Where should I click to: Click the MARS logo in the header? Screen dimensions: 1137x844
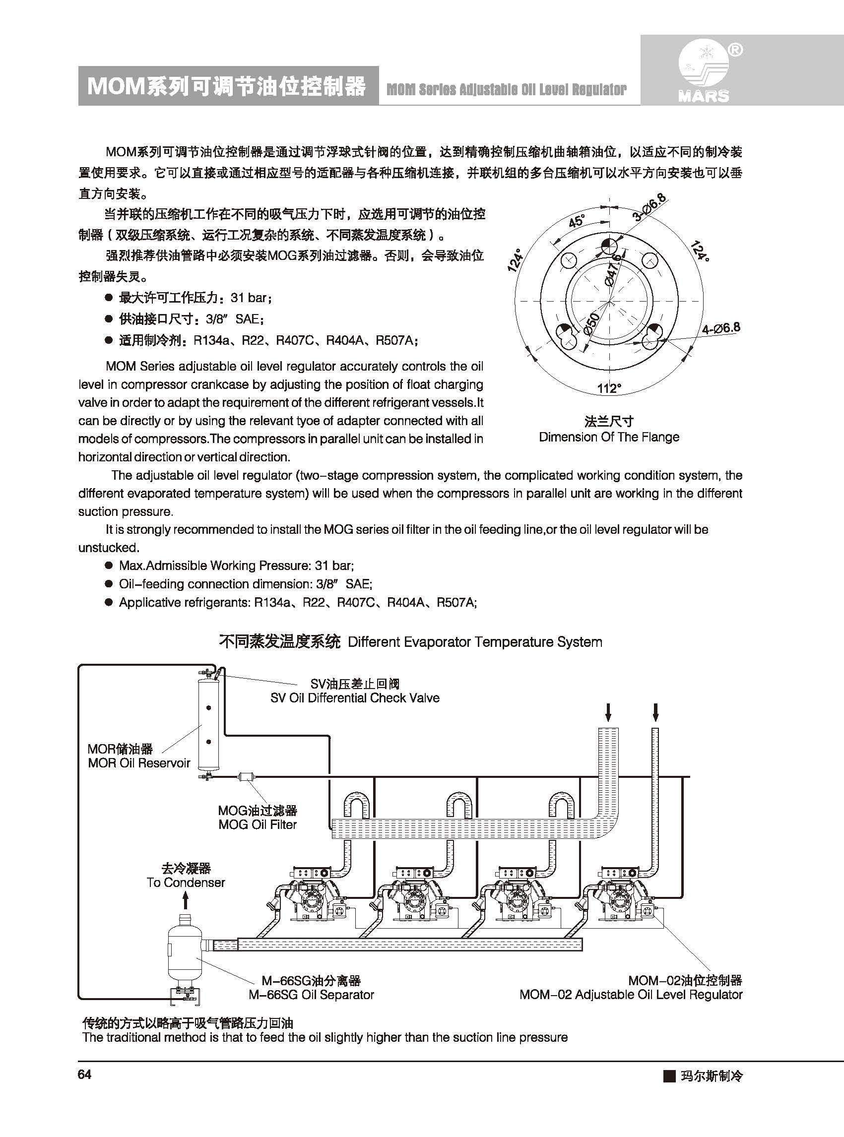point(704,73)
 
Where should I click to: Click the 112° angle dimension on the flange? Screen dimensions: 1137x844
point(609,388)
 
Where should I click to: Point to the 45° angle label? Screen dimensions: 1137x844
point(576,221)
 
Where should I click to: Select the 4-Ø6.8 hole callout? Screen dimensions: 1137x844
point(720,328)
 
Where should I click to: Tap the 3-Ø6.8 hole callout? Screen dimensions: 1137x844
point(649,207)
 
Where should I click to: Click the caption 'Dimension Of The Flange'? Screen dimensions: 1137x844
point(608,437)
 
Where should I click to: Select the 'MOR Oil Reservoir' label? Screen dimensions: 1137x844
point(138,762)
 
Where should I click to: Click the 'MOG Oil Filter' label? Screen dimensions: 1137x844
point(257,824)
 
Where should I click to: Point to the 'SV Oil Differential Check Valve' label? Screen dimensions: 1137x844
point(355,698)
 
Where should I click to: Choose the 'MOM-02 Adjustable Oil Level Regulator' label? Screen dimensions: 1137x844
point(631,995)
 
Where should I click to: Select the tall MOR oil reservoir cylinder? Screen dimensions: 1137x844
point(208,724)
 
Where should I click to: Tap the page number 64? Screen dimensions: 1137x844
point(84,1074)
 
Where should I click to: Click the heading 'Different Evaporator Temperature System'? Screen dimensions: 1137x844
point(475,642)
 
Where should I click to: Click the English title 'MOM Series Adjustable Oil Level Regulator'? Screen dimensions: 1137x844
point(506,90)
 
